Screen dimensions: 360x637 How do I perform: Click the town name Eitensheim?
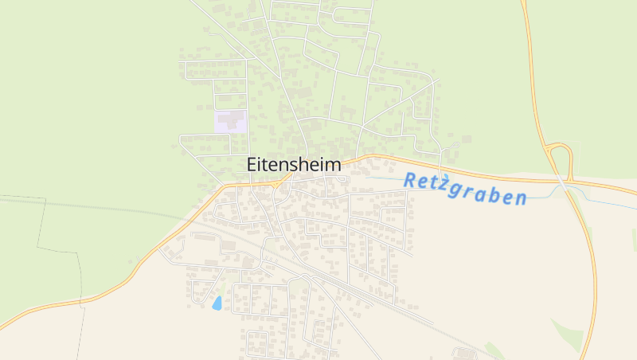(293, 165)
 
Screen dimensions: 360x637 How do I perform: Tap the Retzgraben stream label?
(465, 190)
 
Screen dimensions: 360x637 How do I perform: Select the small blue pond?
(217, 303)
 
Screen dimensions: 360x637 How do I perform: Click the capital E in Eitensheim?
(252, 165)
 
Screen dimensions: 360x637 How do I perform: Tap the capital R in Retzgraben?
(411, 181)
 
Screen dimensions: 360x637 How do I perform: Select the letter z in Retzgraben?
(447, 186)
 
